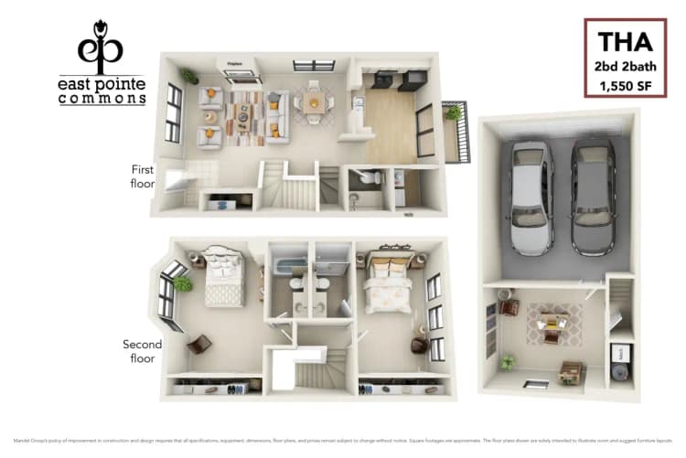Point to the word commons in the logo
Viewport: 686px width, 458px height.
tap(102, 99)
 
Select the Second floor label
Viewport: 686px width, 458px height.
tap(143, 351)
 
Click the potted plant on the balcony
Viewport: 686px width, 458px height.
tap(453, 113)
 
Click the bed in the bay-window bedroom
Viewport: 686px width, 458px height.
tap(223, 277)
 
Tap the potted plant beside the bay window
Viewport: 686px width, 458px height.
tap(183, 284)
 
